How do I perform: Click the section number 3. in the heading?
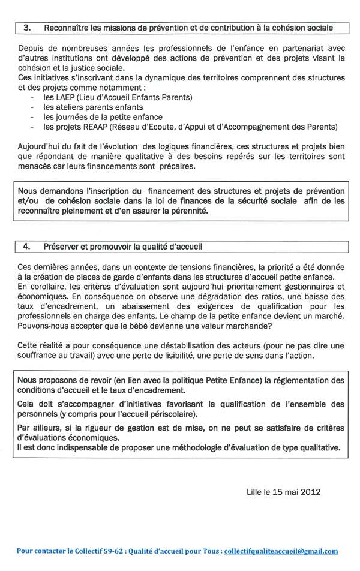[27, 28]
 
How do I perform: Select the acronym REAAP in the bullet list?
[105, 127]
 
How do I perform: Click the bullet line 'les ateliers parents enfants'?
[93, 107]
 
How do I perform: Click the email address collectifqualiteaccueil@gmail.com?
[281, 551]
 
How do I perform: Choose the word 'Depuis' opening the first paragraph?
[31, 49]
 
